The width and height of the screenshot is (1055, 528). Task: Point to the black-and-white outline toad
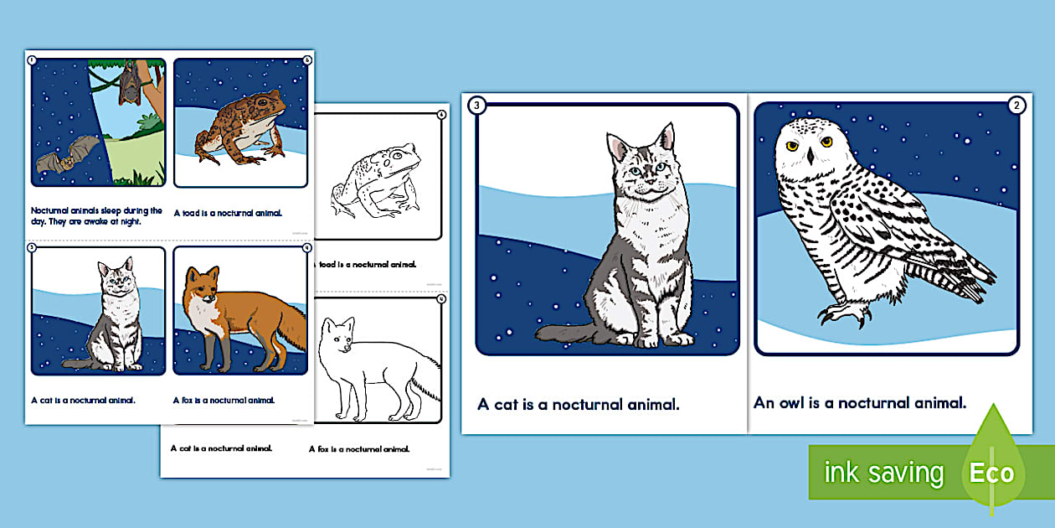[376, 179]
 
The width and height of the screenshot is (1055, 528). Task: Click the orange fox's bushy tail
[289, 332]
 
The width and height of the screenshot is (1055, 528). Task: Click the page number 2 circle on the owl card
[1016, 106]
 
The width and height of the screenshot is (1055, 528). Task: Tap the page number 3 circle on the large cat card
[477, 106]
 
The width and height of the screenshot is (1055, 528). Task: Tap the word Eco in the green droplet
[992, 473]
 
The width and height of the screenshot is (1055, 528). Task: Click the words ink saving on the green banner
[883, 474]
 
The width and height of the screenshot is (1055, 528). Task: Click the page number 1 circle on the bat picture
[32, 60]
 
